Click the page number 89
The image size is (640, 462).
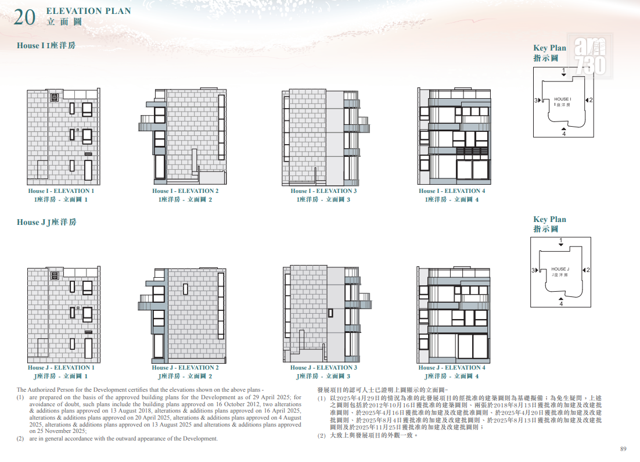pos(623,449)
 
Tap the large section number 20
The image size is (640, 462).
pos(24,17)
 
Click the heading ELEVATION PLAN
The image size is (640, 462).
pos(89,11)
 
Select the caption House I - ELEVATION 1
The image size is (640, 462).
pos(61,191)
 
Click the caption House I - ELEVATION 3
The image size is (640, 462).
pos(323,191)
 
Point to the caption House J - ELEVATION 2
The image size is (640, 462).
pos(185,368)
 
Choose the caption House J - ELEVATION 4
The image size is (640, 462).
pos(451,368)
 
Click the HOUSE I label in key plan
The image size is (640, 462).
pos(562,99)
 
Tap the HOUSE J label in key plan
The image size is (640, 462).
pos(560,269)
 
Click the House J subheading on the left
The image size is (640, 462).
pos(46,222)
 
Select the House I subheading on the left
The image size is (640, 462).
pos(46,45)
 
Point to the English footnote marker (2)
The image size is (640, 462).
pos(20,439)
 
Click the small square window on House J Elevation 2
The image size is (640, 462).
pos(185,289)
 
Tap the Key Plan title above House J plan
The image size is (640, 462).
pos(549,219)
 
